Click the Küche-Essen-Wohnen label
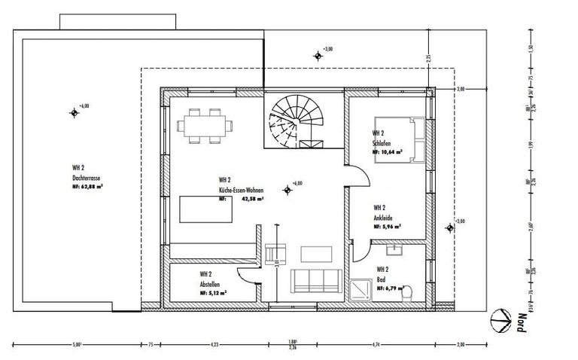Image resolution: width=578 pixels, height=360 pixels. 241,191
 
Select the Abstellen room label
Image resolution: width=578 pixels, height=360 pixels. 210,284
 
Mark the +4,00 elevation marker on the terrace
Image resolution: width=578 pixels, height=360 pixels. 74,113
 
